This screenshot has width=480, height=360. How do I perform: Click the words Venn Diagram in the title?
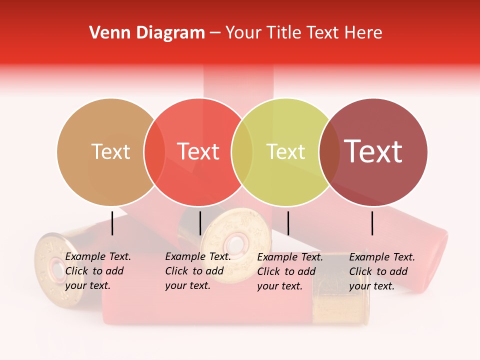(x=147, y=33)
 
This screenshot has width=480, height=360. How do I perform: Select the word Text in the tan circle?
(x=110, y=151)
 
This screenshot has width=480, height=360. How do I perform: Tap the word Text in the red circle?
(x=198, y=151)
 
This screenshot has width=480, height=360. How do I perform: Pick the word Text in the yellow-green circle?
(x=285, y=151)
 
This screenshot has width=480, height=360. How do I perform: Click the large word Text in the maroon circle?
(x=373, y=151)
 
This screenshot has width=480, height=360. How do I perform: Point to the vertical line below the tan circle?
(x=112, y=223)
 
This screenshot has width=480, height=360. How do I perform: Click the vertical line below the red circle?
(x=200, y=223)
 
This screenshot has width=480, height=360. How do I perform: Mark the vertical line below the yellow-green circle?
(x=288, y=223)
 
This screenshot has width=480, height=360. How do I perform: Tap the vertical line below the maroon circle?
(x=372, y=223)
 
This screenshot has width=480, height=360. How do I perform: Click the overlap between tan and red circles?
(x=154, y=151)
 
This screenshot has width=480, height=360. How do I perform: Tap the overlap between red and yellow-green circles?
(x=242, y=151)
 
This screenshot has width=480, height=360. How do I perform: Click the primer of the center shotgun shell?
(x=233, y=244)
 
